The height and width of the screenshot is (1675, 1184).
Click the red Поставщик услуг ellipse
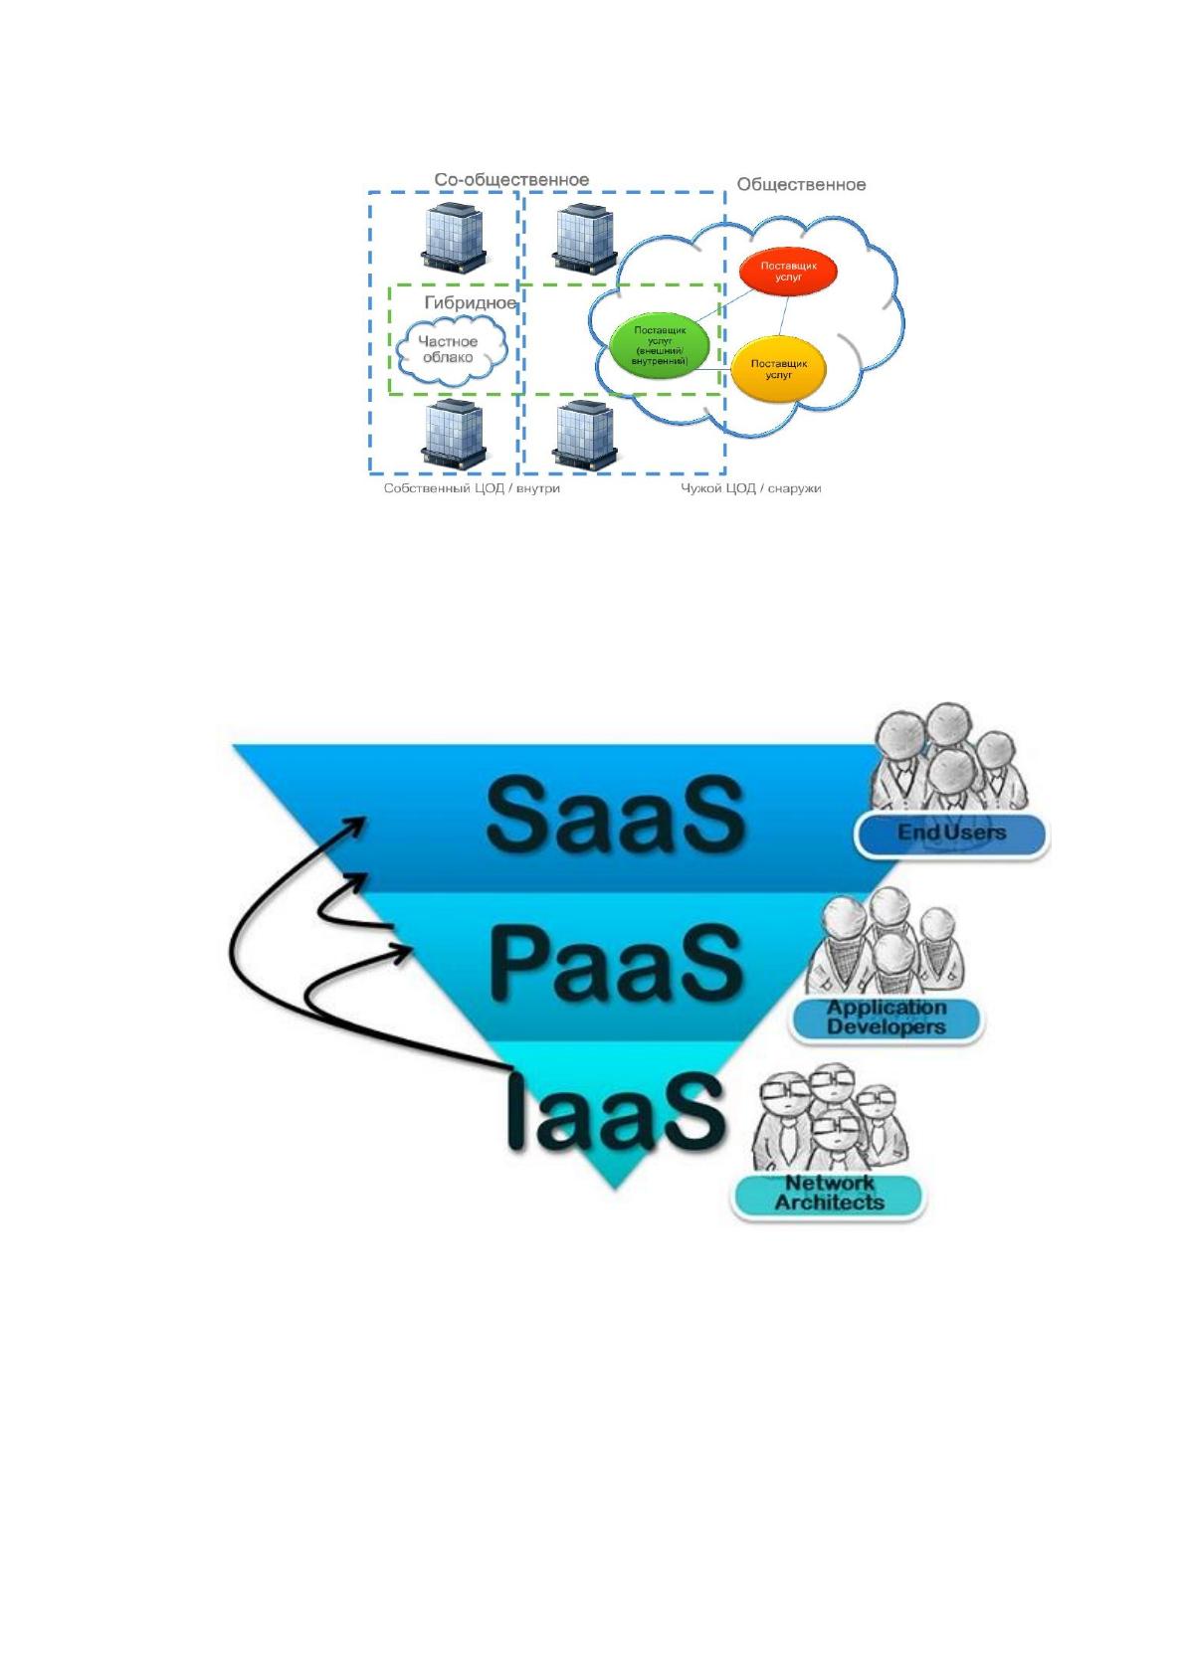[x=788, y=272]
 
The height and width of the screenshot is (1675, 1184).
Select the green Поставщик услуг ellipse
[x=659, y=345]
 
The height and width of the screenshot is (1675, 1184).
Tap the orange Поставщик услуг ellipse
[x=778, y=369]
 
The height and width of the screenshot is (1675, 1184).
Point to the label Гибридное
[x=471, y=302]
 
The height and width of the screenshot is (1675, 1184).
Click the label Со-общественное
[x=511, y=179]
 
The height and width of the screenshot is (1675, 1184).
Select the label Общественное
[x=801, y=185]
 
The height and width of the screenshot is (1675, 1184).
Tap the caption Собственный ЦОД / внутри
[x=472, y=488]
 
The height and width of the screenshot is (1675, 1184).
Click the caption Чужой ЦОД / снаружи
[x=750, y=488]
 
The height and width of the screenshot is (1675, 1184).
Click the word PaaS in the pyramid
[x=615, y=963]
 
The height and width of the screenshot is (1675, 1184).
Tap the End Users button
[x=951, y=834]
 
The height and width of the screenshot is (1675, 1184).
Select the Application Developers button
[x=886, y=1019]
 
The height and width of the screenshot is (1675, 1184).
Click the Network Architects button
[x=828, y=1195]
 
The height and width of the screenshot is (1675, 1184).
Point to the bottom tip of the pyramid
[x=615, y=1188]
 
